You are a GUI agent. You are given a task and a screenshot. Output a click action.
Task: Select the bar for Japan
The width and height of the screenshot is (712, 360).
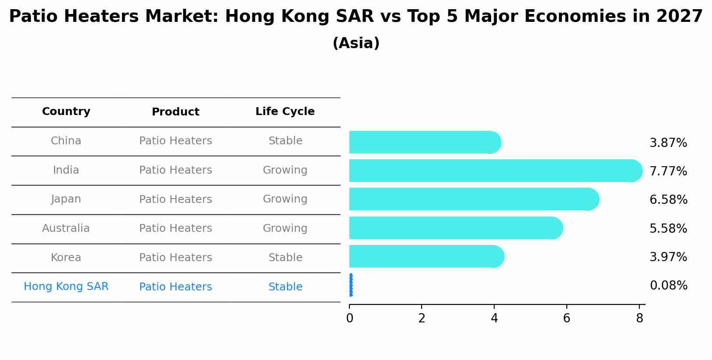(472, 199)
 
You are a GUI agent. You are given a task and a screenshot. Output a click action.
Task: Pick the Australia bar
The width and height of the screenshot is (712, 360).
(455, 228)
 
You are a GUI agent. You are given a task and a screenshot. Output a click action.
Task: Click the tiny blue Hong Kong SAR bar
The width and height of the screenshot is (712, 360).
(351, 285)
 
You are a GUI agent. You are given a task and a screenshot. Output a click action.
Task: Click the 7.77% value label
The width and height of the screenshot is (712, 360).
(668, 171)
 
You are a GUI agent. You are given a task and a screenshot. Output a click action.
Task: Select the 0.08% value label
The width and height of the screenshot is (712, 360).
(668, 286)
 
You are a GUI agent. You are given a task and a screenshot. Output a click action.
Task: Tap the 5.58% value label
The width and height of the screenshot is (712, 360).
(668, 229)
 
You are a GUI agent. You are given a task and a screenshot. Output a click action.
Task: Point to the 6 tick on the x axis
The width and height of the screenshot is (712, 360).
(566, 318)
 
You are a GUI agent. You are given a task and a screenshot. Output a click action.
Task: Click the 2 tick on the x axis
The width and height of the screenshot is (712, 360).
(422, 318)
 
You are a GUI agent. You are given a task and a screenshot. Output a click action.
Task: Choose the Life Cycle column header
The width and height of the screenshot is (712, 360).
(285, 112)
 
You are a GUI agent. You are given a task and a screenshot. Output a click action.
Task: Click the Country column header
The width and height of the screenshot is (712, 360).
(66, 112)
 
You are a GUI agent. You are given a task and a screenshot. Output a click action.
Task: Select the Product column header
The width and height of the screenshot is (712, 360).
(175, 112)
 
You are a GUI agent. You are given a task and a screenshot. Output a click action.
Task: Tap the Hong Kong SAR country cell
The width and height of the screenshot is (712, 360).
(66, 287)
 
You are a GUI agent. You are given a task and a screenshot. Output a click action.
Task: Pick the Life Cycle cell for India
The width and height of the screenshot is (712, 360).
(285, 170)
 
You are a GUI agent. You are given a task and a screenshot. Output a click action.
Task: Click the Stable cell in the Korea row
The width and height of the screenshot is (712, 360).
(285, 258)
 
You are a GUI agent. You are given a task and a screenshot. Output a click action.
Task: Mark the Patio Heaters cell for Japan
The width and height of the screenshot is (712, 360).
(175, 199)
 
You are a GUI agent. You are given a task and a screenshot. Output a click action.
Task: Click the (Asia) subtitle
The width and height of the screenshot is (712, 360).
(356, 43)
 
